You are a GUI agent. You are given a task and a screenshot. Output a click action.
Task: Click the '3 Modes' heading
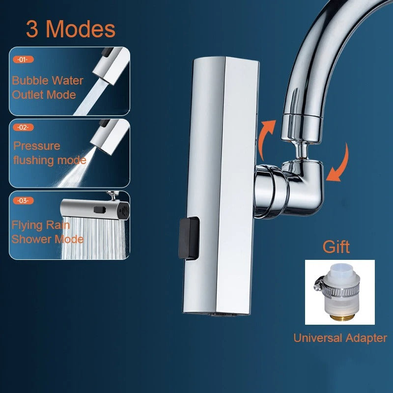pos(71,29)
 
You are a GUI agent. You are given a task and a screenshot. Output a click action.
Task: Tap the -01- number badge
pos(23,59)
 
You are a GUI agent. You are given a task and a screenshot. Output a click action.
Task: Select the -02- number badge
pos(23,127)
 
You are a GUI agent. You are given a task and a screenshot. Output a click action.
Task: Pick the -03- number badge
pos(23,200)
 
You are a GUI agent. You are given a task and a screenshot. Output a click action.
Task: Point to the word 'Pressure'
pos(37,146)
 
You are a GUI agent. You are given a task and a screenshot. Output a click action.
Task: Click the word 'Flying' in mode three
pos(28,225)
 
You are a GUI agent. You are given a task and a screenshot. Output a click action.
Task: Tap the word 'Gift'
pos(336,247)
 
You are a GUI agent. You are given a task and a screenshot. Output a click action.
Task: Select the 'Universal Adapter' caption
pos(340,338)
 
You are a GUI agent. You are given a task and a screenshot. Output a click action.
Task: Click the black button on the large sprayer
pos(189,238)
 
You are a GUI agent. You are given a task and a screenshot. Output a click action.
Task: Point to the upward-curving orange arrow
pos(266,139)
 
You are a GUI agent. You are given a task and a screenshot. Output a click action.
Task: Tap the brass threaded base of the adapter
pos(340,317)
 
